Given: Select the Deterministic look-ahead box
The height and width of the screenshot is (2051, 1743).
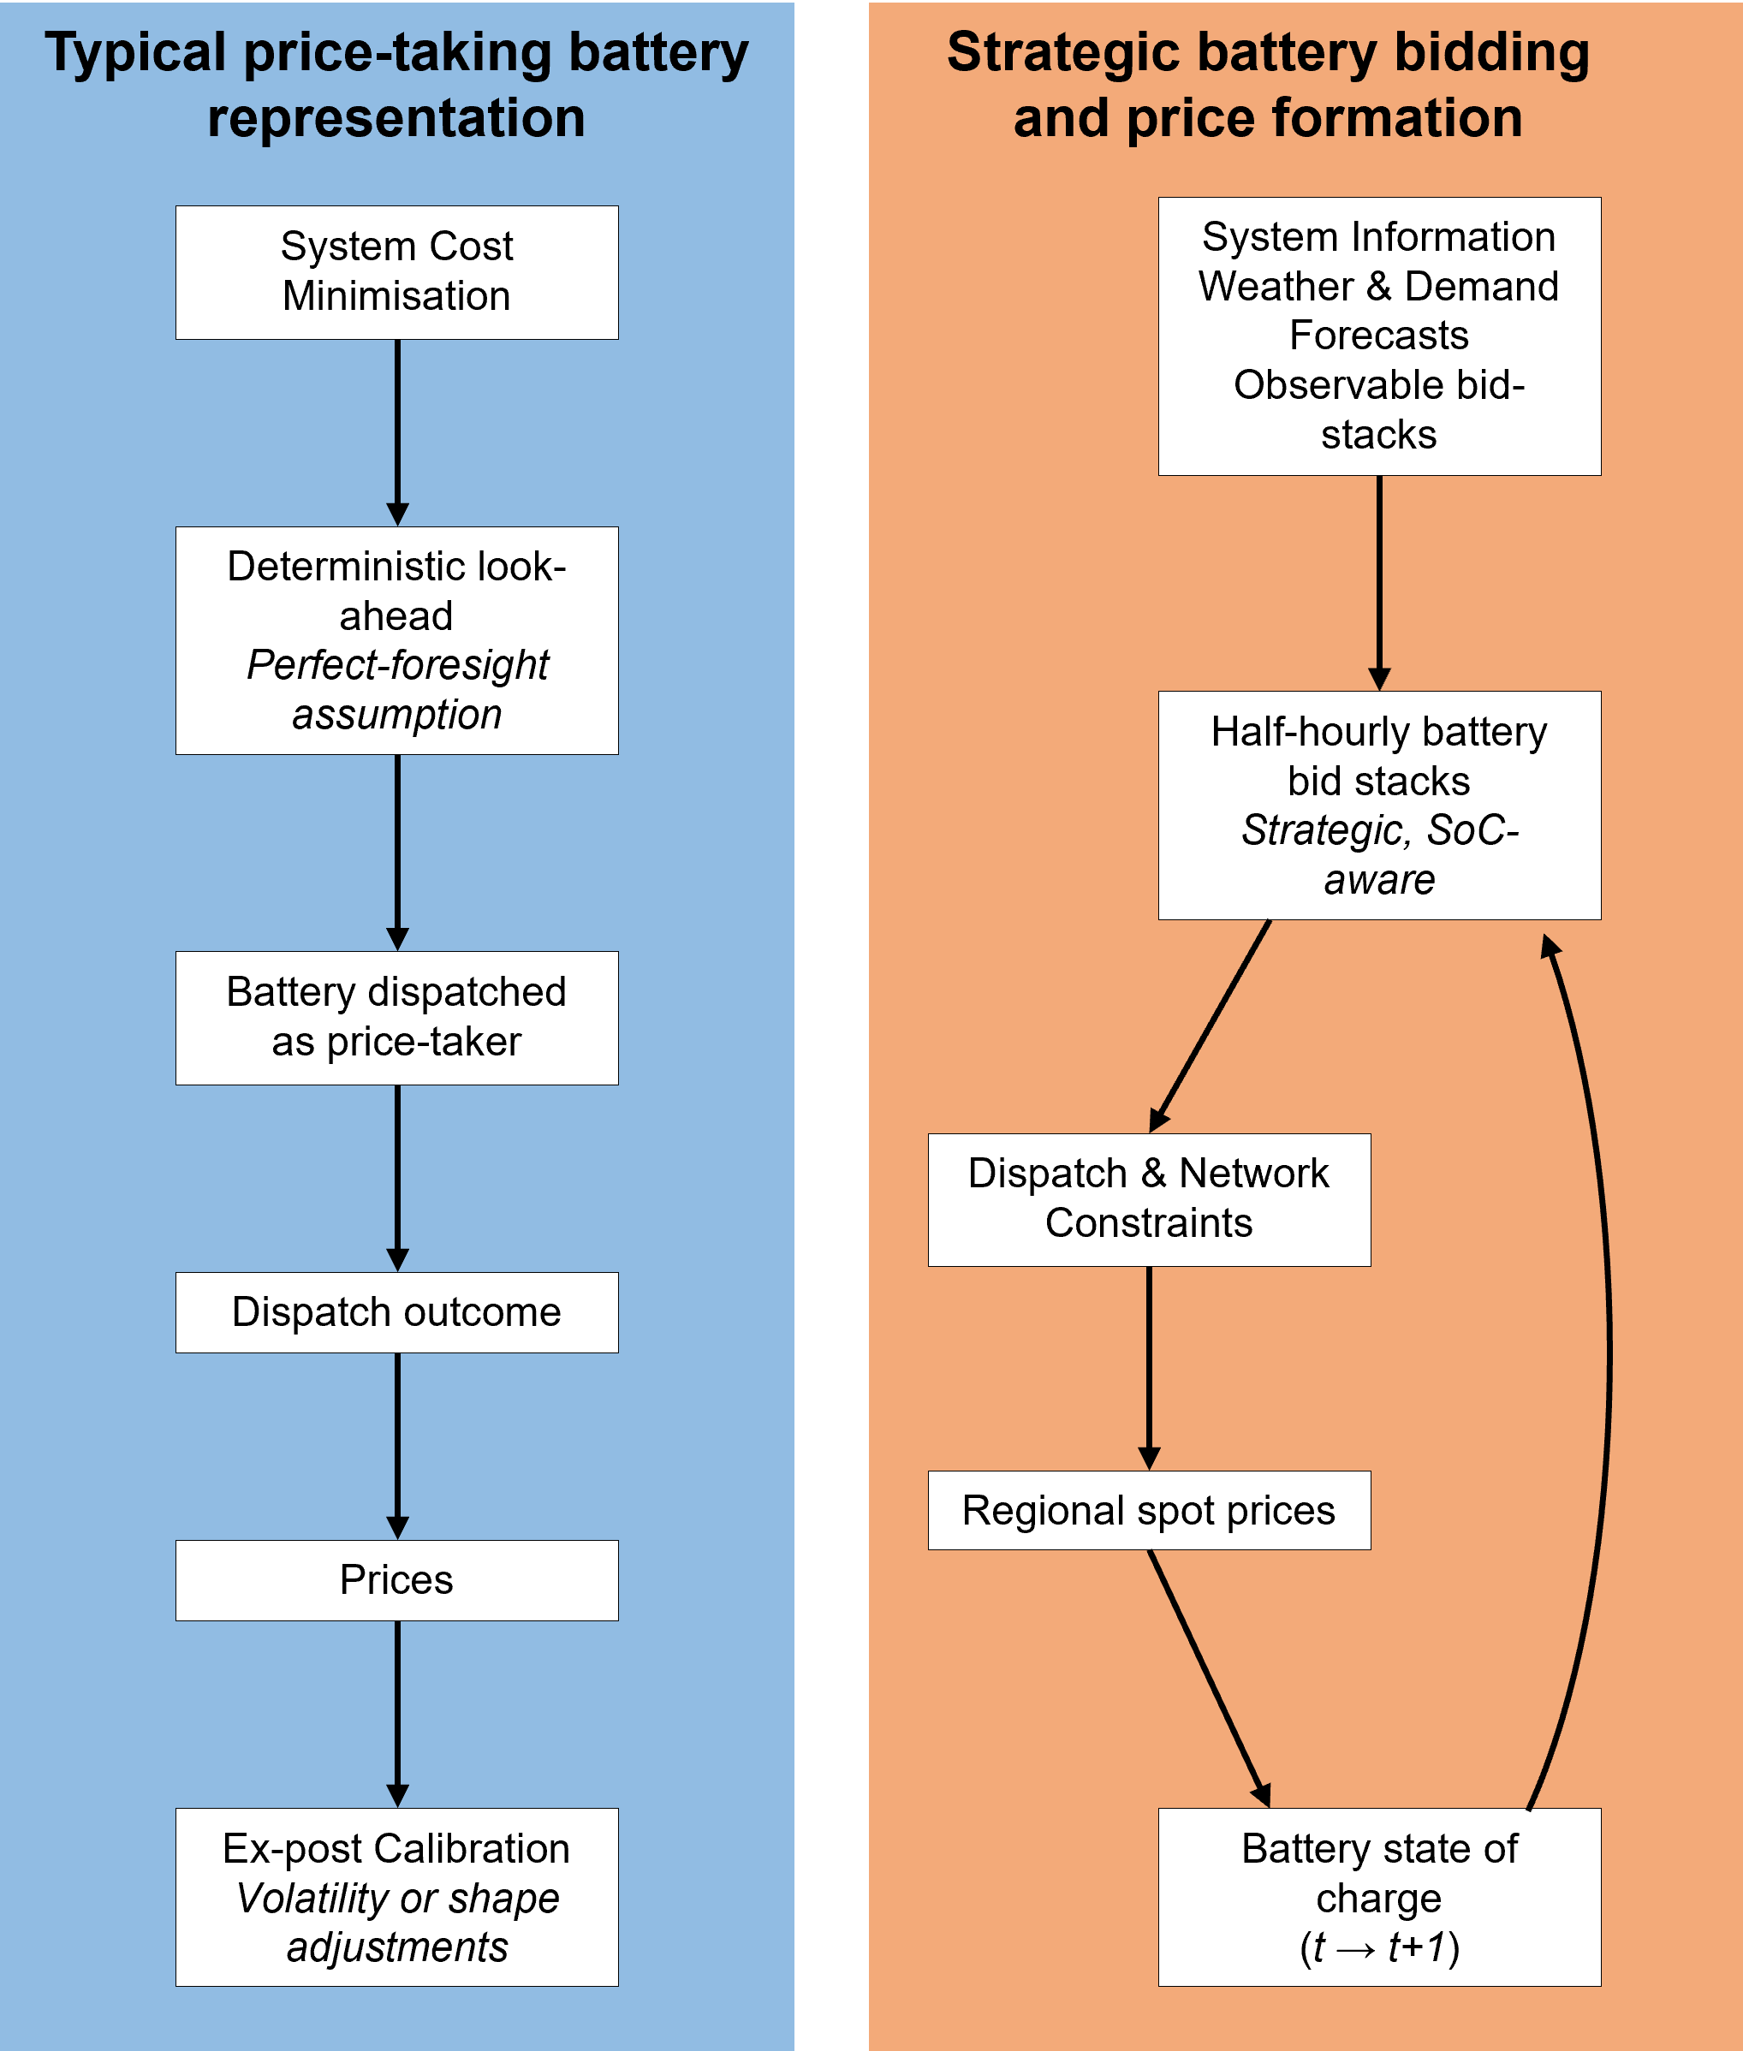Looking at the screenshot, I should click(x=396, y=640).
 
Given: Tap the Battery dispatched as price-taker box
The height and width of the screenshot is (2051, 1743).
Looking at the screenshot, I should click(x=396, y=1018).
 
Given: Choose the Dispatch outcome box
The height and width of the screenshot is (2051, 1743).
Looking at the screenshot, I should click(x=396, y=1312).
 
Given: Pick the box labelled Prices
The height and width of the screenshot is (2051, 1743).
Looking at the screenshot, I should click(x=396, y=1579).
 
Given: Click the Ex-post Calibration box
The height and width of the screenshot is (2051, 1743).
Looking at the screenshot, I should click(x=396, y=1897).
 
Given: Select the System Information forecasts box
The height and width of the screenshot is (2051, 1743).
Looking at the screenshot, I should click(x=1378, y=336).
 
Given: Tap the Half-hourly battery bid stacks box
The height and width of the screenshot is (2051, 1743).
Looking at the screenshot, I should click(x=1378, y=806).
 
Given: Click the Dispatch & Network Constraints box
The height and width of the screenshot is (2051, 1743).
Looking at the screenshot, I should click(x=1148, y=1199).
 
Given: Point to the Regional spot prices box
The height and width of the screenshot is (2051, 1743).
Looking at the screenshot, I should click(x=1148, y=1511).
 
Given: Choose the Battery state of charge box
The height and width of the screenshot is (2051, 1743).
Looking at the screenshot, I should click(x=1378, y=1897).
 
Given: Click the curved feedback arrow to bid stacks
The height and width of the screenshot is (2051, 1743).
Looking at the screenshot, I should click(x=1607, y=1364).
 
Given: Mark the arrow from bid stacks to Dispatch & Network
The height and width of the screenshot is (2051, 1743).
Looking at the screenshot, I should click(x=1211, y=1025).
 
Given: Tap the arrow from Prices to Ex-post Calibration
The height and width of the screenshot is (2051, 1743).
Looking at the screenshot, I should click(x=397, y=1713).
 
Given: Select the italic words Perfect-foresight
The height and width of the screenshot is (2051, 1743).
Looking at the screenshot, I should click(x=397, y=665).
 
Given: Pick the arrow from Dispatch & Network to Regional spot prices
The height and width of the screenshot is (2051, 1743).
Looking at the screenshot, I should click(x=1148, y=1367).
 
